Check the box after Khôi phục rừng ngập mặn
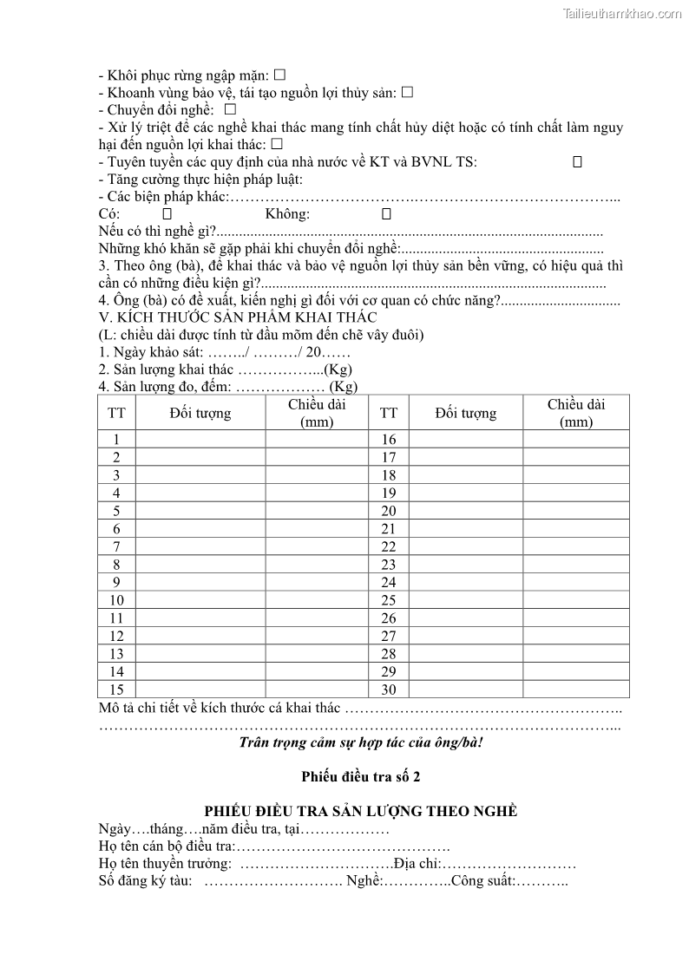[279, 75]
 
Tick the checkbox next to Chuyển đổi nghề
[230, 109]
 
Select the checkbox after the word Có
[167, 213]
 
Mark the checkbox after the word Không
[386, 213]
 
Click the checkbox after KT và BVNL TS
[577, 161]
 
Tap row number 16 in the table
[389, 440]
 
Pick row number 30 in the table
[389, 690]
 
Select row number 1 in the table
[116, 440]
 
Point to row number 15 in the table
[116, 690]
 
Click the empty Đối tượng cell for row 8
[200, 565]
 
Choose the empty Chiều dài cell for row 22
[575, 546]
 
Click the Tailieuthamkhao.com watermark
[622, 13]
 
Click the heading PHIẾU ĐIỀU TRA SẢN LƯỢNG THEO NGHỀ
[360, 811]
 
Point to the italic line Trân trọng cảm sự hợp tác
[360, 742]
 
